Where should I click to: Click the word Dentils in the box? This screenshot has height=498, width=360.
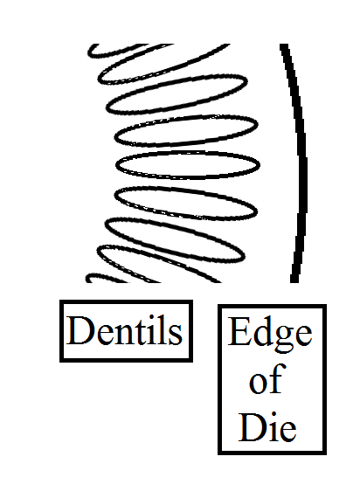125,330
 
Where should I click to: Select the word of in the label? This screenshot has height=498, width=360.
267,378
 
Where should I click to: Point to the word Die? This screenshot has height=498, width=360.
267,426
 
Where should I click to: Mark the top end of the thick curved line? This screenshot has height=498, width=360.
284,45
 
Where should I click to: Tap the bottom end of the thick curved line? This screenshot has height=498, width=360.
294,282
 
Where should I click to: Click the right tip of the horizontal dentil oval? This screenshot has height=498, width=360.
260,165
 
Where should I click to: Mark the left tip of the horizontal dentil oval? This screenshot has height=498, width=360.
116,165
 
